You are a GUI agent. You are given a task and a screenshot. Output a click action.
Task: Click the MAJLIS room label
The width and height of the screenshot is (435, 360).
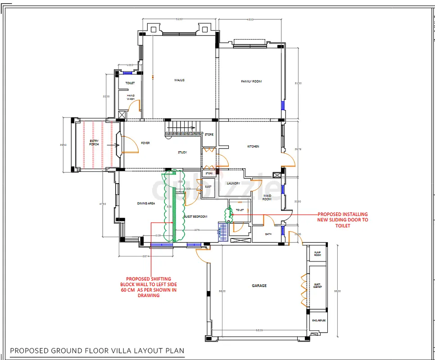pos(180,81)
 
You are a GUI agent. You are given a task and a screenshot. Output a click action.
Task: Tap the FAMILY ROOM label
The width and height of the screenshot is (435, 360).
pos(251,81)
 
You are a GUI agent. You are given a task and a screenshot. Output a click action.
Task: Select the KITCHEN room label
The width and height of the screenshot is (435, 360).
pos(253,147)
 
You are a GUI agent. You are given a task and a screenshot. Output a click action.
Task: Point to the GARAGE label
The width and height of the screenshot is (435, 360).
pos(259,286)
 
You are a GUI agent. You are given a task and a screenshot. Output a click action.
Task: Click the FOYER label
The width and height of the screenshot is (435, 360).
pos(145,143)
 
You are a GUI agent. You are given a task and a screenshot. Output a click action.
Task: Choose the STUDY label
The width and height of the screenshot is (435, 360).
pos(182,153)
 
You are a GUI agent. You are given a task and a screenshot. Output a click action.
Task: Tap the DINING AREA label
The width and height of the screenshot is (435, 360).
pos(146,203)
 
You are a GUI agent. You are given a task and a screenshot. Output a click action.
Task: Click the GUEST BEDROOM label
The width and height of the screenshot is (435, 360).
pos(195,217)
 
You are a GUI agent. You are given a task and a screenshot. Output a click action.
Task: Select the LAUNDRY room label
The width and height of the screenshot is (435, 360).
pos(233,184)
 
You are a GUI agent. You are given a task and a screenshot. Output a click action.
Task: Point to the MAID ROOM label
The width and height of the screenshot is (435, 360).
pos(267,197)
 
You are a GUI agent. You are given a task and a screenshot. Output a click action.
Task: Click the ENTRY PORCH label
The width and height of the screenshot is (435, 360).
pos(94,143)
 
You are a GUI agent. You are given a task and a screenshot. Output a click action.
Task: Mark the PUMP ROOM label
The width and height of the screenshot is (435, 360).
pos(317,254)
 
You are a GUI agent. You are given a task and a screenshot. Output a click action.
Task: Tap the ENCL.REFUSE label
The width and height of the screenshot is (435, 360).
pos(318,320)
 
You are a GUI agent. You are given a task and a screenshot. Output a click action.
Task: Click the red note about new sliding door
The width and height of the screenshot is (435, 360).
pos(343,220)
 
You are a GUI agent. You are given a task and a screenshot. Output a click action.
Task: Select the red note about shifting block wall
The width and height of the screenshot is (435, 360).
pos(149,287)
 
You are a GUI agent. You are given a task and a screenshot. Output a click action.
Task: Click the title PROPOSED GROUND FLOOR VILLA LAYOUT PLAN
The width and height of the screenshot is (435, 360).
pos(97,351)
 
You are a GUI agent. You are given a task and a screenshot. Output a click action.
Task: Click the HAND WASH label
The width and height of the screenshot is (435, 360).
pos(131,97)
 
